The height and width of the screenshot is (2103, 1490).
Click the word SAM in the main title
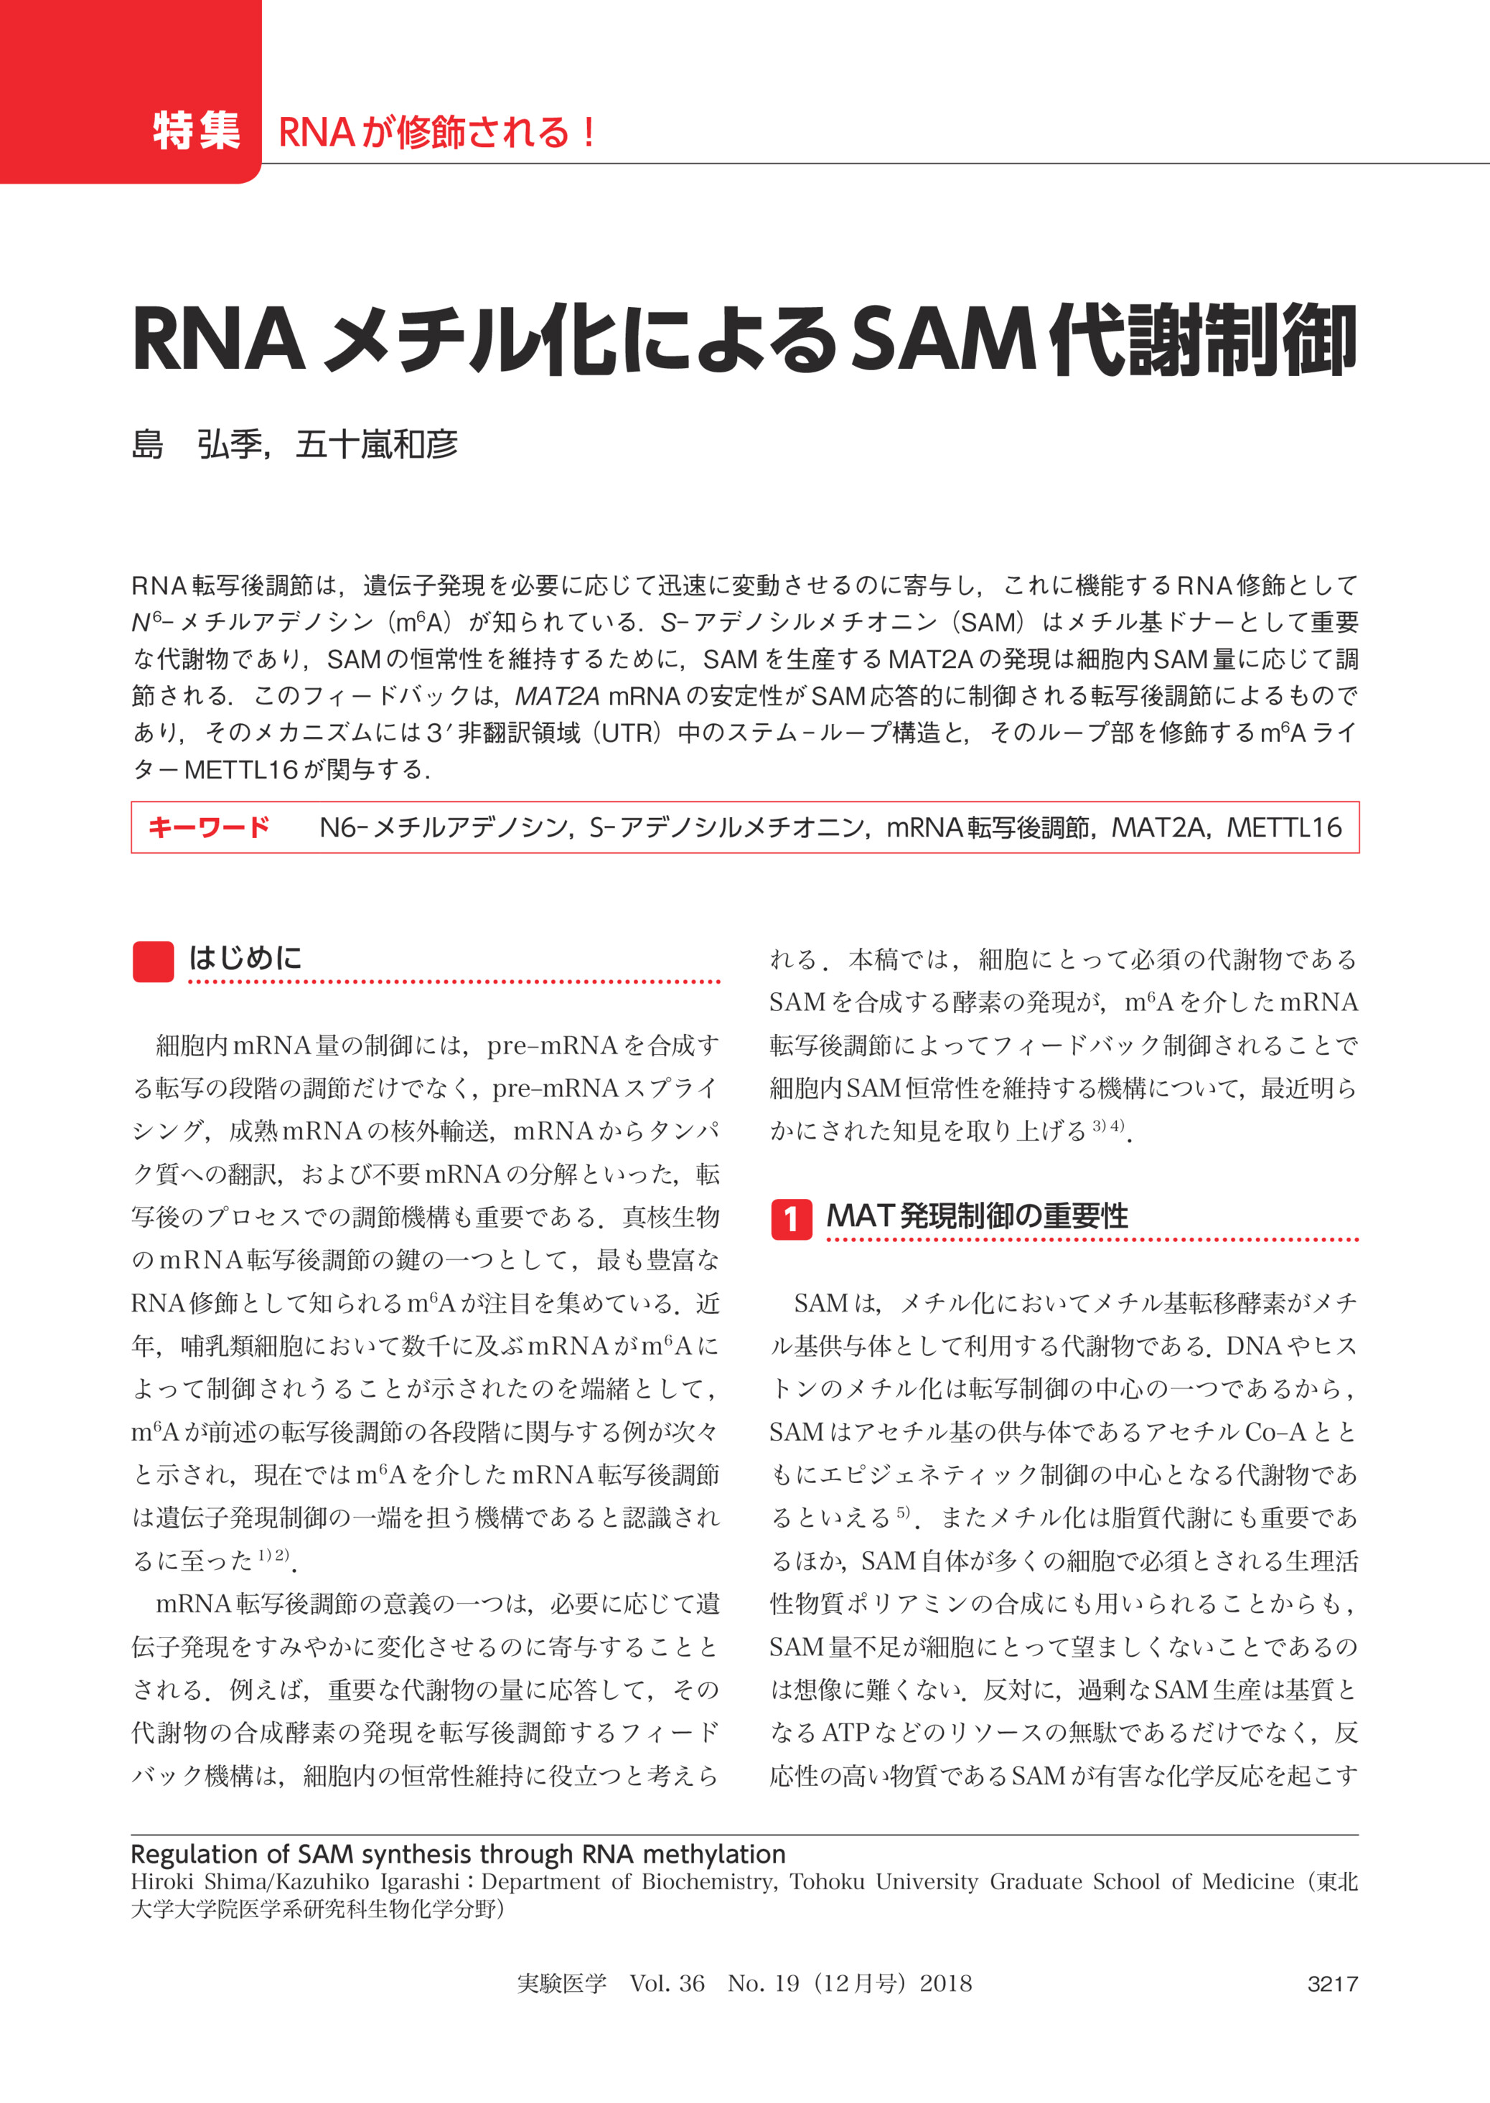coord(946,340)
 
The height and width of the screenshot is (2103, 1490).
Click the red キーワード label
coord(208,827)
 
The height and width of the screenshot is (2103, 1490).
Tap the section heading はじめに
coord(245,959)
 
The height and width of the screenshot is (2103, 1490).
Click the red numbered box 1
coord(791,1219)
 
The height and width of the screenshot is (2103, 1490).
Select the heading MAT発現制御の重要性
coord(977,1216)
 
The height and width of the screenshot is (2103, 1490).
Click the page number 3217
coord(1332,1984)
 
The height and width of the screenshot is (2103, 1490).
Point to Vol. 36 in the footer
coord(667,1984)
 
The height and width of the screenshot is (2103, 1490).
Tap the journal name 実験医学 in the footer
coord(561,1984)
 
